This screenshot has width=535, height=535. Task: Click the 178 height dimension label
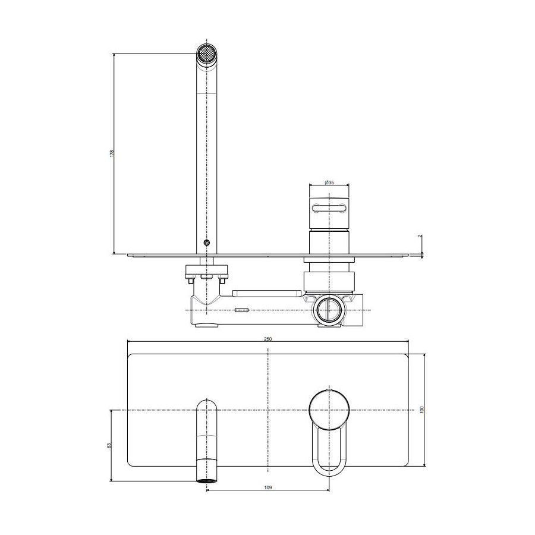coord(112,153)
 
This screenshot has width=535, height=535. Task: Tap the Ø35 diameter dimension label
coord(329,182)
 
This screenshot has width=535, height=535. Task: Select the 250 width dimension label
coord(268,339)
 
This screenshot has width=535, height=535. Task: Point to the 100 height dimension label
coord(421,410)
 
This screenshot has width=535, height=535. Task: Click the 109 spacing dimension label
coord(268,488)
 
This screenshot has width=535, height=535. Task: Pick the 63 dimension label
coord(109,446)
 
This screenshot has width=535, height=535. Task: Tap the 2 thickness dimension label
coord(420,236)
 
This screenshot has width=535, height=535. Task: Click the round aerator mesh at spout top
coord(207,53)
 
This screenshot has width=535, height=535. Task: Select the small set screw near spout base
coord(206,243)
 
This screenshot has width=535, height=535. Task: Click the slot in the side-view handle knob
coord(329,208)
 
